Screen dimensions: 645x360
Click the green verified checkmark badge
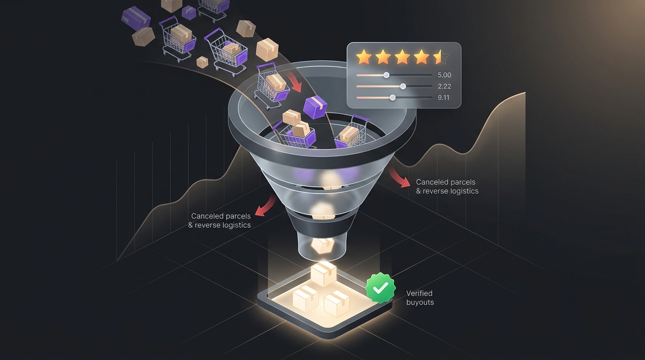pyautogui.click(x=380, y=288)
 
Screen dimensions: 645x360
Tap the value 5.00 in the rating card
pyautogui.click(x=444, y=75)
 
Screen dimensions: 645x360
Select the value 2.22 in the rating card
pyautogui.click(x=444, y=86)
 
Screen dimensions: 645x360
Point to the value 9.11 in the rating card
pyautogui.click(x=443, y=97)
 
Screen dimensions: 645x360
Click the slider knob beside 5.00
pyautogui.click(x=386, y=75)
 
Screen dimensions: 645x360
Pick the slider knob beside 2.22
pyautogui.click(x=403, y=86)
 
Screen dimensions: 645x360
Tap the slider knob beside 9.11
pyautogui.click(x=392, y=97)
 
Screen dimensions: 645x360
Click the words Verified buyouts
pyautogui.click(x=420, y=298)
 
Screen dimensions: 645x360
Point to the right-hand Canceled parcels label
pyautogui.click(x=447, y=187)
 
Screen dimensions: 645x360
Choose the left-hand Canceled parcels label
pyautogui.click(x=219, y=221)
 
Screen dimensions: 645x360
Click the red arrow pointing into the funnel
pyautogui.click(x=294, y=82)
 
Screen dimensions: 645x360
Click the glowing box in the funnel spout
pyautogui.click(x=322, y=246)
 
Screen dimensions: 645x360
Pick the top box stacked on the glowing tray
pyautogui.click(x=323, y=274)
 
